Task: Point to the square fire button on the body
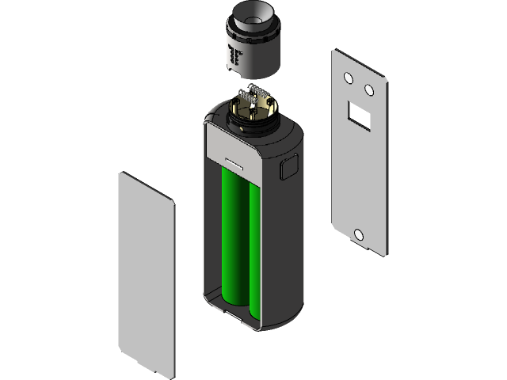click(288, 168)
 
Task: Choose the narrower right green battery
click(256, 245)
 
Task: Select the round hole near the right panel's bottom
click(359, 234)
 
